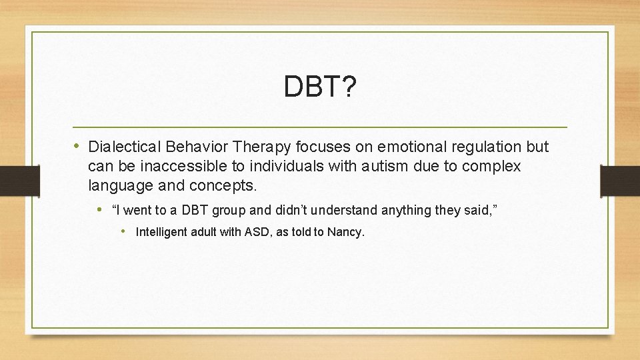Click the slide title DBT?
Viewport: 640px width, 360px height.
click(x=320, y=87)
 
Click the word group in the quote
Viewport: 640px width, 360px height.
click(x=230, y=211)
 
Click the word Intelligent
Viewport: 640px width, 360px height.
click(x=160, y=233)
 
